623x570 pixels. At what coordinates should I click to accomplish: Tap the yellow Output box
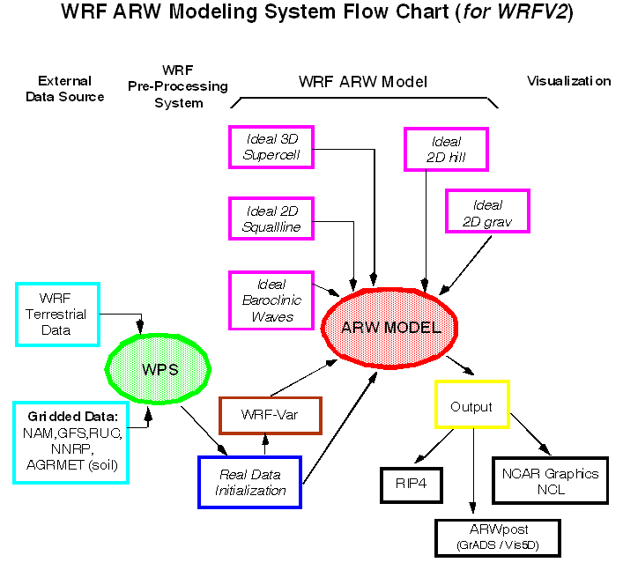[x=472, y=407]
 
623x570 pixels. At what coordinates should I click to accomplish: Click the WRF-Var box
[x=270, y=415]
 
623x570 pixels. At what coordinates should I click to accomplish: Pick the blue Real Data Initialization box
[x=250, y=482]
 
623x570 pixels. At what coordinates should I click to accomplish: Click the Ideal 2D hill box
[x=446, y=150]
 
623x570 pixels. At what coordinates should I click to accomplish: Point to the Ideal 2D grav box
[x=487, y=211]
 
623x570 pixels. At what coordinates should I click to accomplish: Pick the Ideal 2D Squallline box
[x=271, y=219]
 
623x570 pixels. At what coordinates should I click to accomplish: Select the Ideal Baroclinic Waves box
[x=271, y=300]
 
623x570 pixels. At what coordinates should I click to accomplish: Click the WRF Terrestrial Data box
[x=58, y=314]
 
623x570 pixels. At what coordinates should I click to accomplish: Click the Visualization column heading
[x=568, y=81]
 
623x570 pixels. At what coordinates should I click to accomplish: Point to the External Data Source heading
[x=64, y=89]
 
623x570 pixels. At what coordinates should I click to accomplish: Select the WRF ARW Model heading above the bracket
[x=363, y=82]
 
